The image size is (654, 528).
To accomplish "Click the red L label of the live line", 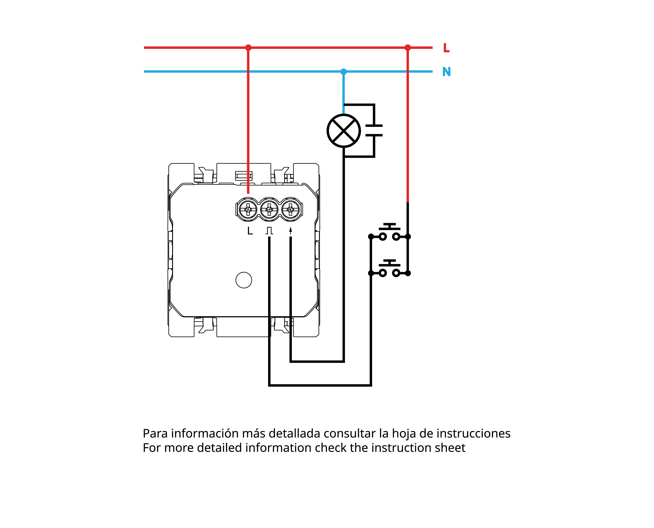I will coord(446,48).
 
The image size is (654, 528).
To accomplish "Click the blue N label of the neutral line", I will coord(446,72).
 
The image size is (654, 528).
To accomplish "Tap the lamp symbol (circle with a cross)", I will coord(343,131).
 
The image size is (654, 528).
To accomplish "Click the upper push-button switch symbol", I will coord(389,232).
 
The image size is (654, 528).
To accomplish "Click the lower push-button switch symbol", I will coord(389,269).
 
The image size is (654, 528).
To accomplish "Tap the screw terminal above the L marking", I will coord(248,209).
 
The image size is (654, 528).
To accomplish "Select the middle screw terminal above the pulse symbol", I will coord(269,209).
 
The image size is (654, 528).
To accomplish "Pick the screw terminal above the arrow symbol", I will coord(291,209).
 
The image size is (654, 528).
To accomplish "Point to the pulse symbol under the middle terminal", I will coord(269,231).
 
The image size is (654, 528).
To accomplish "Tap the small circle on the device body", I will coord(244,280).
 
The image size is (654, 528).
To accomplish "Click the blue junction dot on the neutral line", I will coord(343,72).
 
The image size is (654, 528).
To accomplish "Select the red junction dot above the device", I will coord(248,48).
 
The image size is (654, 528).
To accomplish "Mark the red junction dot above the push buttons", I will coord(408,48).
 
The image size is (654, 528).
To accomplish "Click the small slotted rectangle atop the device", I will coord(244,176).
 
